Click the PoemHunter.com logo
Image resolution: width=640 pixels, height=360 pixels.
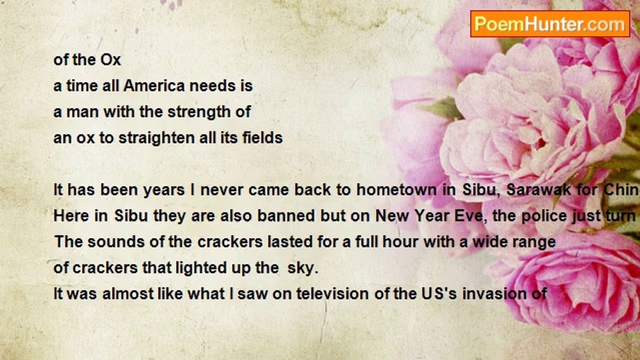[x=550, y=24]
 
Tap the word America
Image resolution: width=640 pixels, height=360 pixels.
[x=154, y=85]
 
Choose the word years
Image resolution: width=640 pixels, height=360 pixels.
[x=163, y=190]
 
